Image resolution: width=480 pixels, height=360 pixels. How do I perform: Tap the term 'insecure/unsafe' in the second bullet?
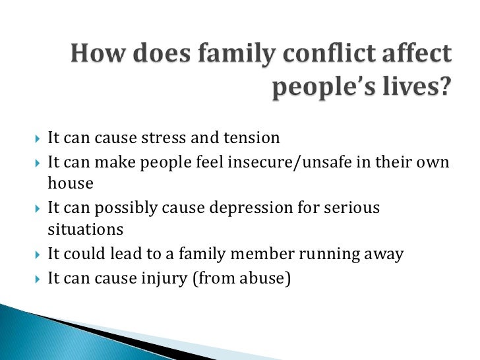point(303,162)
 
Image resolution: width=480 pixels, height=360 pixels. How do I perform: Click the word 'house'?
point(71,184)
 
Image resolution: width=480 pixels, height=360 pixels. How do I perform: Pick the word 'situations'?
point(86,230)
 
